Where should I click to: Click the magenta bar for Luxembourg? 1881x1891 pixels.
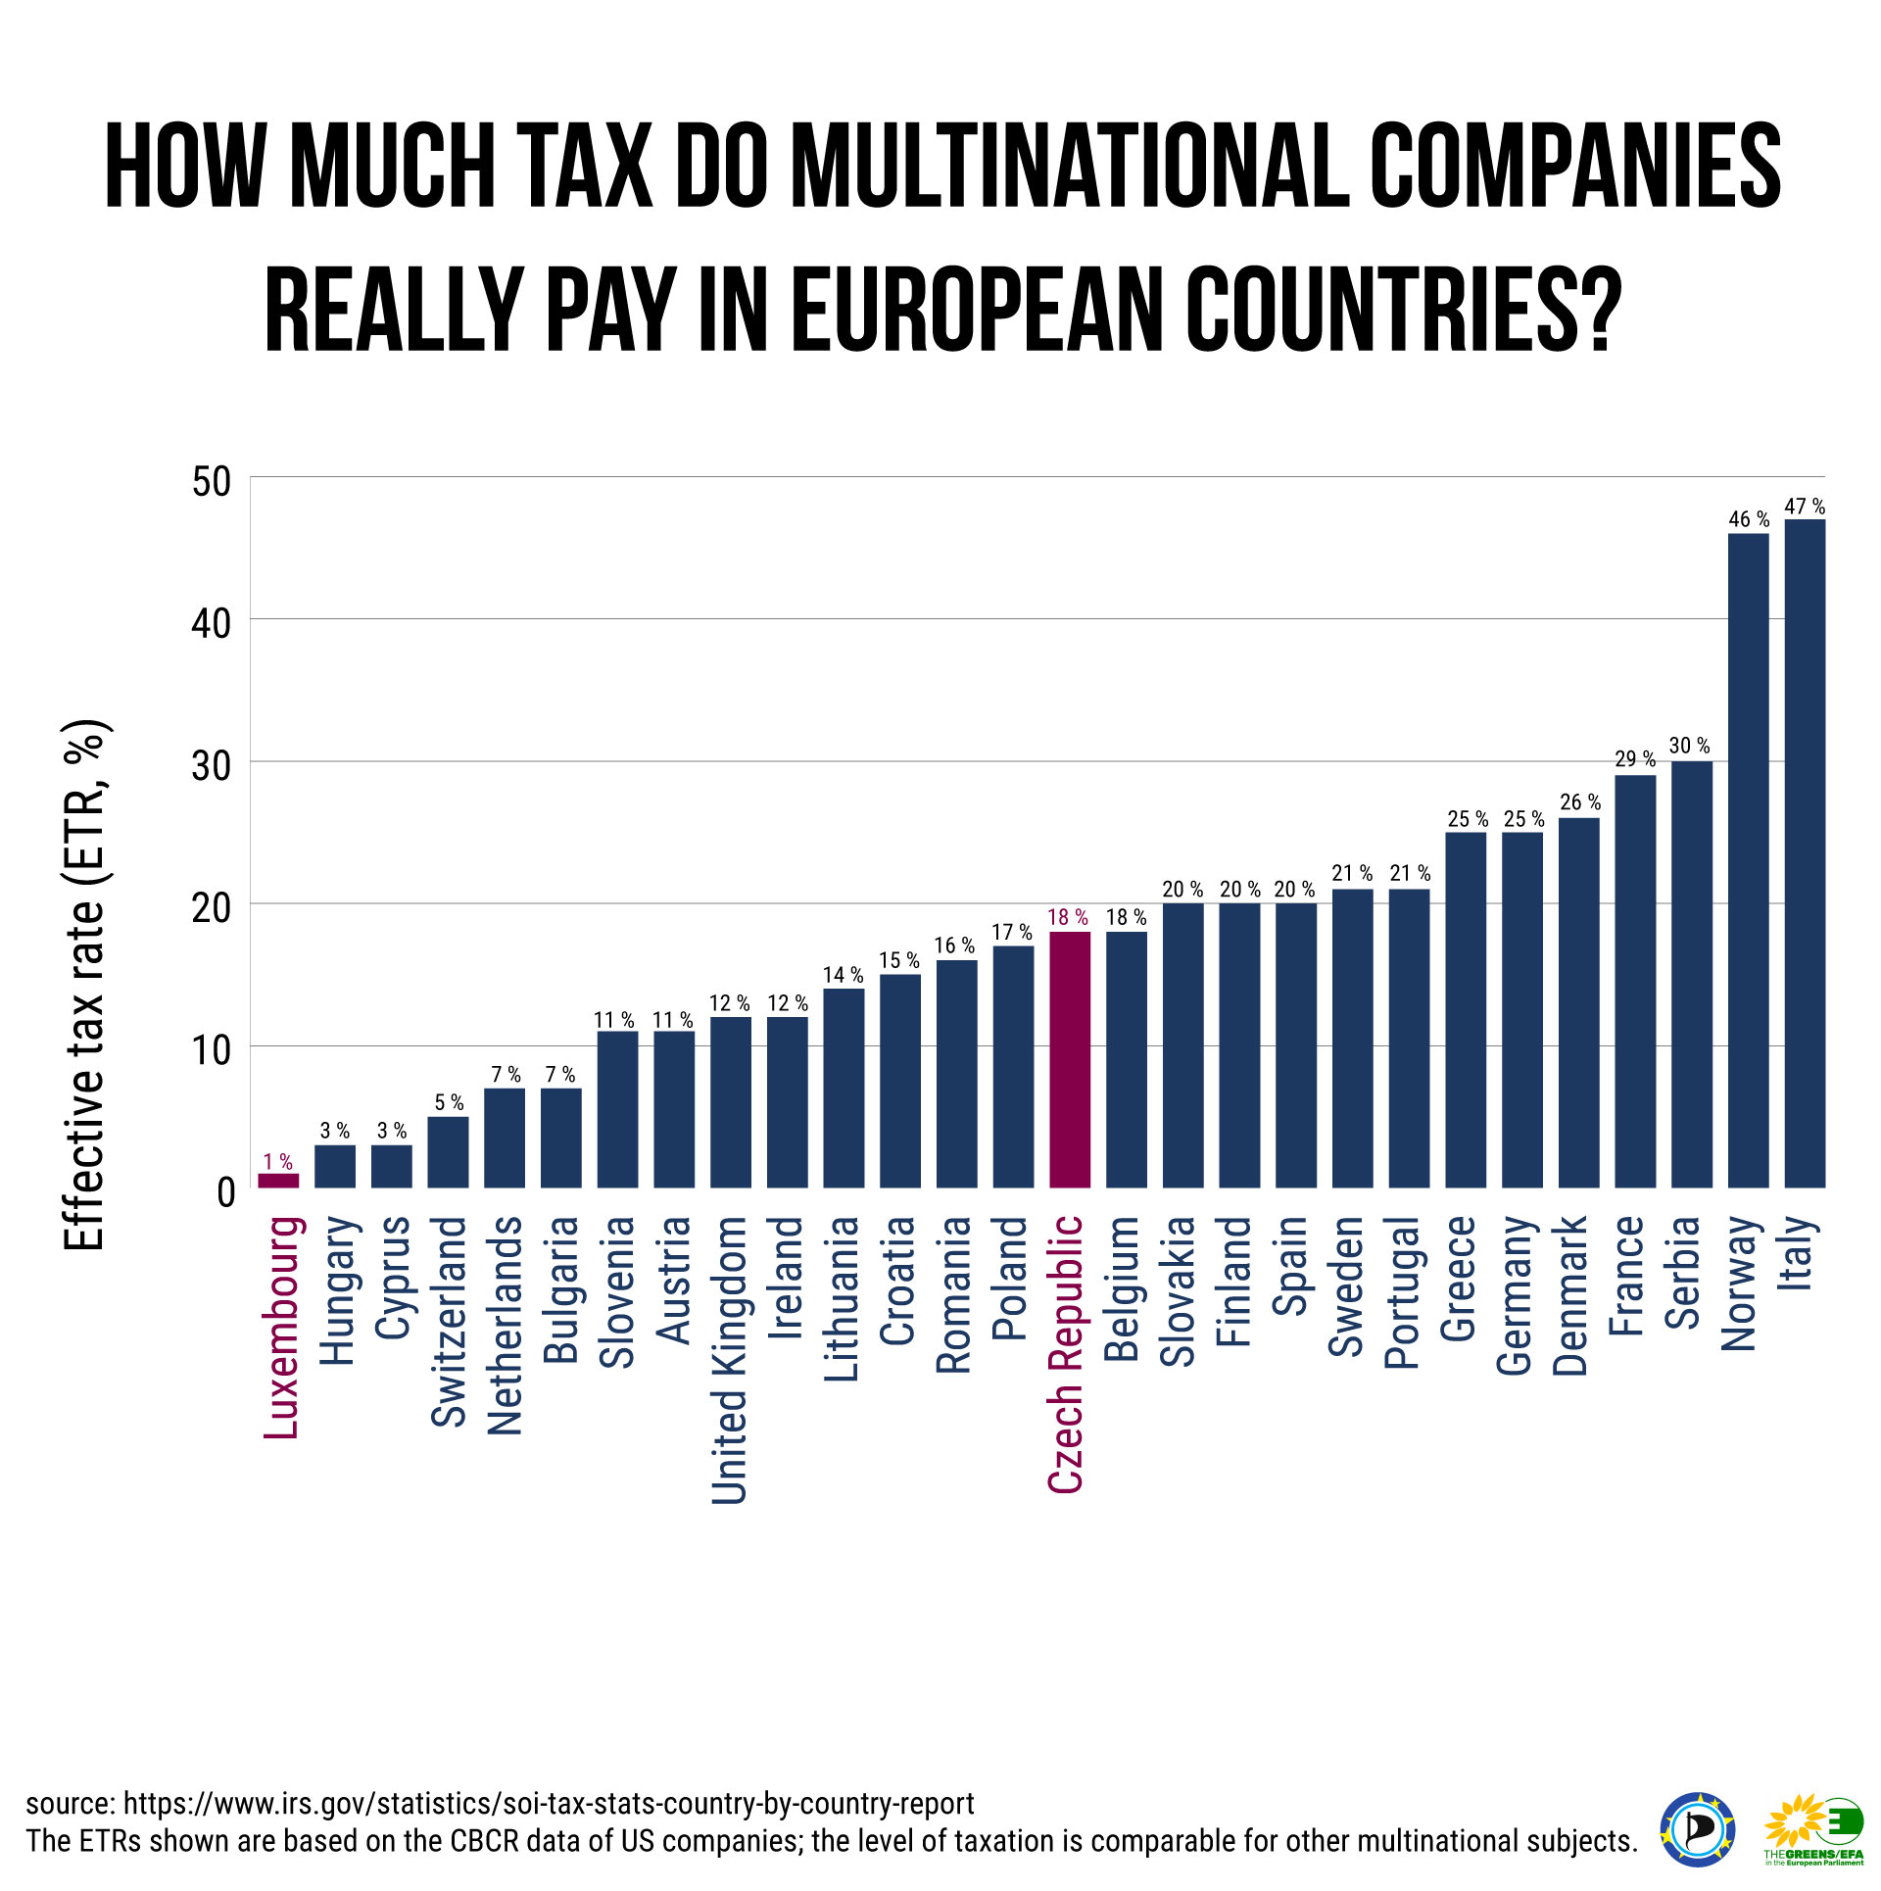[x=278, y=1180]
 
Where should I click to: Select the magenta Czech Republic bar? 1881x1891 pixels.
[x=1069, y=1059]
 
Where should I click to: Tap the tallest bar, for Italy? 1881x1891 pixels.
[x=1805, y=853]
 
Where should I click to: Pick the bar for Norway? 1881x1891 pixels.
[x=1748, y=860]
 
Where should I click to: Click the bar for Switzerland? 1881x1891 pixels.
[x=448, y=1151]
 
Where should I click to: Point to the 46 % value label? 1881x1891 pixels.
[x=1749, y=519]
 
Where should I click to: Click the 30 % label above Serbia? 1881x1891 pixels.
[x=1690, y=746]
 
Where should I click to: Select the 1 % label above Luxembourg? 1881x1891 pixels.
[x=278, y=1162]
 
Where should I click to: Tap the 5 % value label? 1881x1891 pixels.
[x=449, y=1103]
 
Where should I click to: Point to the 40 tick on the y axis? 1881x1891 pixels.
[x=211, y=623]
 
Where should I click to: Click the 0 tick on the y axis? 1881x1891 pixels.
[x=226, y=1192]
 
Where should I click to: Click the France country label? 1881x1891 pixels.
[x=1628, y=1275]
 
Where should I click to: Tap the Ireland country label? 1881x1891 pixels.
[x=787, y=1278]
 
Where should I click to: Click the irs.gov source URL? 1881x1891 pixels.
[x=549, y=1804]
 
